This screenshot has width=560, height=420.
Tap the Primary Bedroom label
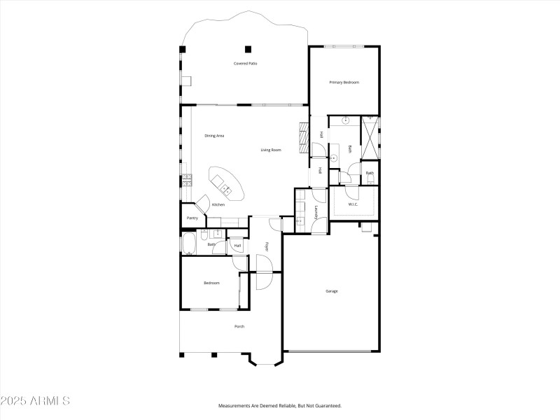344,83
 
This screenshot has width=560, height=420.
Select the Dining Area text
214,136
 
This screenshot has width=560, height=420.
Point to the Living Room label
271,150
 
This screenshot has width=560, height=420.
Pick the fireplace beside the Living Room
303,138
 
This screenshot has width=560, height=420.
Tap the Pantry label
192,218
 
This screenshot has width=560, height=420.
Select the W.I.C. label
353,204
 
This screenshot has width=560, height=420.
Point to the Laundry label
316,213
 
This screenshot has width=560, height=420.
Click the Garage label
332,291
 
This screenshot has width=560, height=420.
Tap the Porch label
239,326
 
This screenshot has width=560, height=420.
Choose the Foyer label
266,246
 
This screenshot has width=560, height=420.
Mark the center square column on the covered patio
248,49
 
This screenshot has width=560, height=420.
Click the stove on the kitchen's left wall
186,180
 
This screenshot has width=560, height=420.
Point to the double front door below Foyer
264,272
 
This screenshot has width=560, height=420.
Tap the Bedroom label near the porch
211,283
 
